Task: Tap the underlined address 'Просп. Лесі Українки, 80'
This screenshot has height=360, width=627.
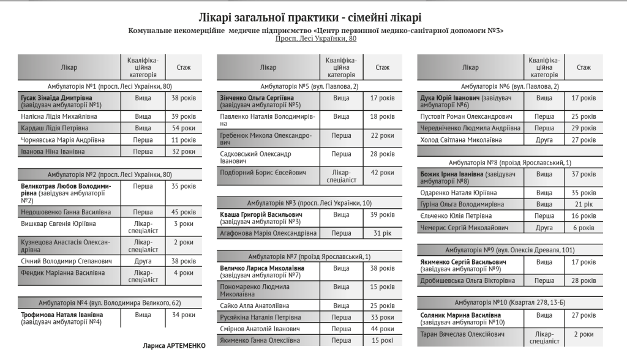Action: [x=315, y=39]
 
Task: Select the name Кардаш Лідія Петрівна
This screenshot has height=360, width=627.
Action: [x=54, y=128]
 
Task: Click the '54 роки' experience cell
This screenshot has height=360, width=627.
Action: [x=183, y=128]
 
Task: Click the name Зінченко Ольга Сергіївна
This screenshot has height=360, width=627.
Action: [x=257, y=97]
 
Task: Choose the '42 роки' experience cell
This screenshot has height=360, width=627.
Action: [x=382, y=173]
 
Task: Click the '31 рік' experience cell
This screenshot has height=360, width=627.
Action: [x=382, y=233]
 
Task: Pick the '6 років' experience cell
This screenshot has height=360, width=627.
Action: [x=583, y=227]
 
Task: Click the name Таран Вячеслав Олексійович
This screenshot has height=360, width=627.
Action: [x=463, y=334]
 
